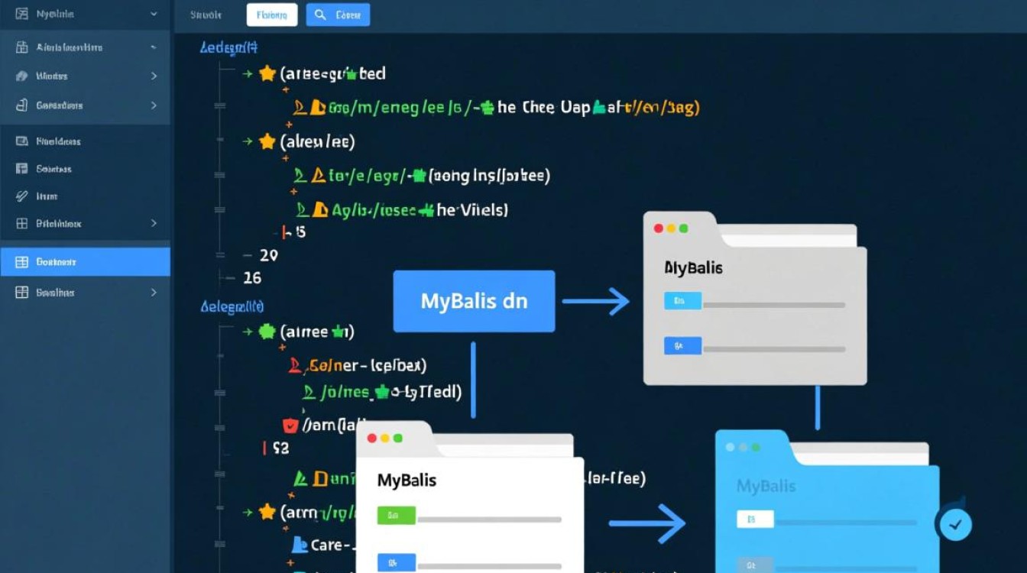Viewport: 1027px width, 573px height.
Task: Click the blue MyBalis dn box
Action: click(474, 301)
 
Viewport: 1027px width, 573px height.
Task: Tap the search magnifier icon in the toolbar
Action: click(320, 15)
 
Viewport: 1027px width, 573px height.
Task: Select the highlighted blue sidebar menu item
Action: click(85, 262)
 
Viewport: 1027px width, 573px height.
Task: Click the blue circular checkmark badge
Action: click(954, 524)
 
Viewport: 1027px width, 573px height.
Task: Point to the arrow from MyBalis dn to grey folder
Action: click(595, 301)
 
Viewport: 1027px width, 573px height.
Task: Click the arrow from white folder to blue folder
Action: click(646, 523)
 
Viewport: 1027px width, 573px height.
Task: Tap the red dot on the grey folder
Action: click(658, 228)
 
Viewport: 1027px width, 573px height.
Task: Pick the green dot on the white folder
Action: click(397, 439)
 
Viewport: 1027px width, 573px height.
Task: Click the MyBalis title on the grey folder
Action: click(693, 268)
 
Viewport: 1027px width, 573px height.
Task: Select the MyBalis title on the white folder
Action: click(407, 481)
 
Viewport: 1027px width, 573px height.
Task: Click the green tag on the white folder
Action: click(396, 516)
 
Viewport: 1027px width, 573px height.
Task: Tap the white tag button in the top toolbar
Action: click(272, 15)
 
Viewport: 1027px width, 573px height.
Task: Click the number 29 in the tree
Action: click(269, 255)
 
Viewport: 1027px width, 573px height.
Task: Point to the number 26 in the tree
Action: click(251, 278)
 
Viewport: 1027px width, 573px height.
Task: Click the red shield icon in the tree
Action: click(290, 425)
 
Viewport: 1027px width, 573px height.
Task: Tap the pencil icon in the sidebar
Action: click(21, 196)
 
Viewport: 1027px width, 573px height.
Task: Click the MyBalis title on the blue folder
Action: click(766, 486)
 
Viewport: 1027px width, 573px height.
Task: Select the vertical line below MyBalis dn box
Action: click(473, 379)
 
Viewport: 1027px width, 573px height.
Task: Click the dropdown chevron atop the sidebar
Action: click(154, 14)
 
